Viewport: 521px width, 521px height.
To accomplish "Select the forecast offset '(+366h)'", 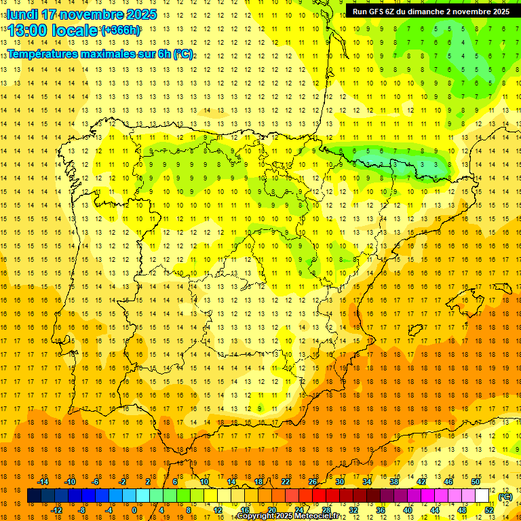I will pos(121,31).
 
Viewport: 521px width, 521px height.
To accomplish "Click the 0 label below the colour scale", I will pos(134,510).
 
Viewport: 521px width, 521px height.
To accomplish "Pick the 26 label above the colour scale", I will pos(313,482).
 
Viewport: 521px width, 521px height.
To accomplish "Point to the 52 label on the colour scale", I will pos(489,510).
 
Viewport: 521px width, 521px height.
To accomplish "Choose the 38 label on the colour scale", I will pos(394,482).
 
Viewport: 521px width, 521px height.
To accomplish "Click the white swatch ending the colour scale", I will pos(482,496).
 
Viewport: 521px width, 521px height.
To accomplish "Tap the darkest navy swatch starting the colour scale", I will pos(35,496).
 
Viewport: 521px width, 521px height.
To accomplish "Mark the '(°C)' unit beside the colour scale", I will pos(505,497).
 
